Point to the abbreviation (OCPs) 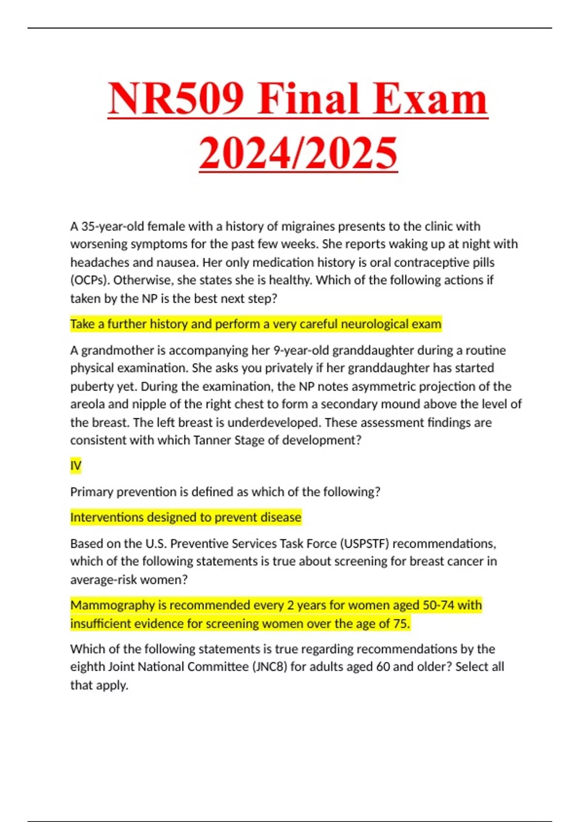[x=90, y=280]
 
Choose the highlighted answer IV [x=76, y=466]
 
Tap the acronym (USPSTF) [x=365, y=544]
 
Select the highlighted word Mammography [x=112, y=605]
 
